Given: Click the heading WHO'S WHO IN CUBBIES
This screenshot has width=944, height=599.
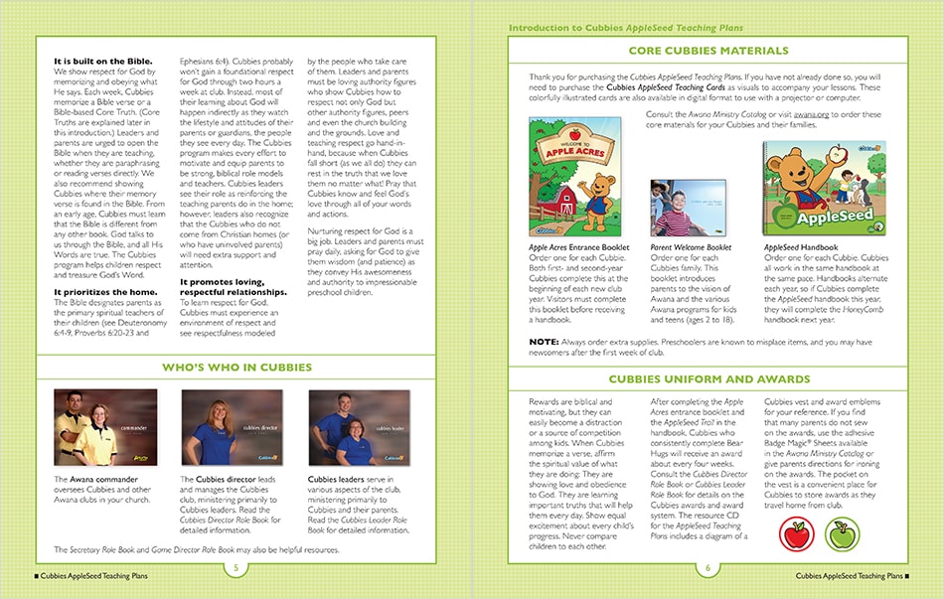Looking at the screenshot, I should [236, 364].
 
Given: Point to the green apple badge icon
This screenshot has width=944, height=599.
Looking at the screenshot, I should [842, 534].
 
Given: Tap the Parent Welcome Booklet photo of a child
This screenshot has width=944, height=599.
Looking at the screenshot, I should [678, 208].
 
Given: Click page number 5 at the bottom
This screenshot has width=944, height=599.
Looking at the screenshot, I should [236, 567].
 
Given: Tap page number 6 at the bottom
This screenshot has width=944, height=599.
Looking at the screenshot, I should [708, 567].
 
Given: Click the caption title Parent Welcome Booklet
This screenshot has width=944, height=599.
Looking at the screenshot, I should [691, 247].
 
